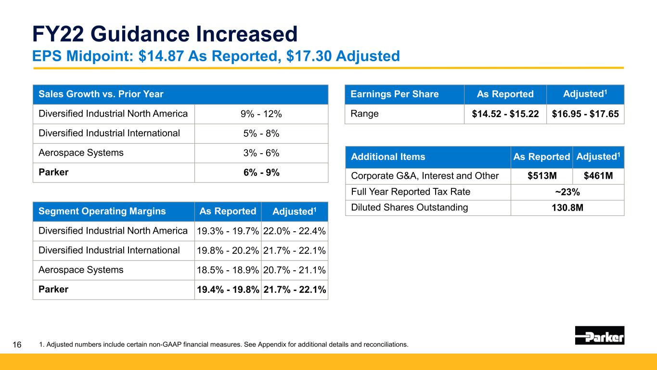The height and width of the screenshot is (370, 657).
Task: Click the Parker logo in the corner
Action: tap(600, 335)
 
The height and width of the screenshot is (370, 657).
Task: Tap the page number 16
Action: tap(17, 344)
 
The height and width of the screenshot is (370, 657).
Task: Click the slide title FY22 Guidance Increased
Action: tap(165, 34)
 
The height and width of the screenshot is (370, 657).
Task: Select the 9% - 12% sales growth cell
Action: tap(261, 114)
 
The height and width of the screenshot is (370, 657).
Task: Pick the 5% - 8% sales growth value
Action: tap(261, 133)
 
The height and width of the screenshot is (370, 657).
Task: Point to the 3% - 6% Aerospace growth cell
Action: tap(261, 153)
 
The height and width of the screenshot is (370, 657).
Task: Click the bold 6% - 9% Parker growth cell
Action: tap(261, 172)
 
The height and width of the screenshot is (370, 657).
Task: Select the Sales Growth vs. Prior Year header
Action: tap(101, 94)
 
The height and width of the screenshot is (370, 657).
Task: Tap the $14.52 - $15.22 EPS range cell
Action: tap(505, 114)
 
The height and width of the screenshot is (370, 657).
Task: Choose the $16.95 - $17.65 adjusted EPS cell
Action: tap(585, 114)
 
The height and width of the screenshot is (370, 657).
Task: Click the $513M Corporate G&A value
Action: tap(542, 175)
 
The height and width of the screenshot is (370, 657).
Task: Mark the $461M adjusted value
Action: tap(598, 175)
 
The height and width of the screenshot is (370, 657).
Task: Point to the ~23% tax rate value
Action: tap(567, 192)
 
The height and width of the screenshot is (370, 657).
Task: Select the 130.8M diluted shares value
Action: tap(567, 208)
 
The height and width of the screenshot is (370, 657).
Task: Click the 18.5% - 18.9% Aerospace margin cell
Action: tap(228, 270)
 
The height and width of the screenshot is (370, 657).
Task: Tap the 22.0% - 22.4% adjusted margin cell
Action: tap(294, 231)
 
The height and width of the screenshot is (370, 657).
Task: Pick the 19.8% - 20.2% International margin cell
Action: tap(228, 251)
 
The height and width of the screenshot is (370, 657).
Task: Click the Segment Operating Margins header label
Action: tap(102, 211)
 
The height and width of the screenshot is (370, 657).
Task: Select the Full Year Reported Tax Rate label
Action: tap(411, 192)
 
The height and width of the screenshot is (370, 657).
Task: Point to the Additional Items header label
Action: tap(388, 157)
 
